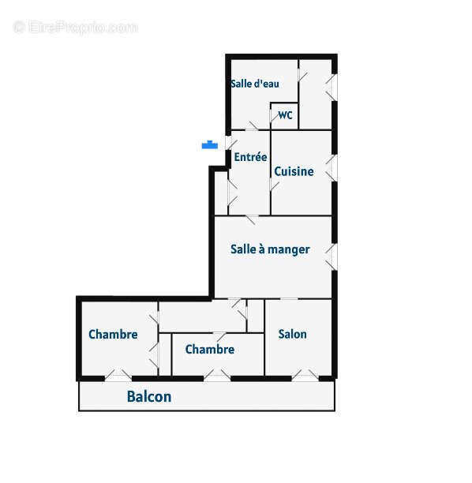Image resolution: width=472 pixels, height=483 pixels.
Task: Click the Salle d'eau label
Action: pyautogui.click(x=255, y=84)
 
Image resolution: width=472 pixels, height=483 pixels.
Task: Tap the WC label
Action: pyautogui.click(x=285, y=115)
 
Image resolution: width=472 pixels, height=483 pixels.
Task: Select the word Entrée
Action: pyautogui.click(x=250, y=156)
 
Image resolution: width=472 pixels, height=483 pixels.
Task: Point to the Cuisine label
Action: pyautogui.click(x=294, y=171)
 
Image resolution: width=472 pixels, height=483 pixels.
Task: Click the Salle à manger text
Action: pyautogui.click(x=270, y=249)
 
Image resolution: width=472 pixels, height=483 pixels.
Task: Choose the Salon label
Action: pyautogui.click(x=292, y=334)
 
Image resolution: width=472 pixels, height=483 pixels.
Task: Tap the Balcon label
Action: pyautogui.click(x=149, y=396)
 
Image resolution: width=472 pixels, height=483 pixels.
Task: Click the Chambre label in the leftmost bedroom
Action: pyautogui.click(x=113, y=334)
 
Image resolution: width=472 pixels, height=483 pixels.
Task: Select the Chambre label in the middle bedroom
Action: pyautogui.click(x=210, y=349)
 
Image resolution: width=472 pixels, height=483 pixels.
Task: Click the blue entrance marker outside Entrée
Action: pyautogui.click(x=210, y=144)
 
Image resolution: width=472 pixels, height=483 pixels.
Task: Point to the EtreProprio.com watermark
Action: pyautogui.click(x=76, y=27)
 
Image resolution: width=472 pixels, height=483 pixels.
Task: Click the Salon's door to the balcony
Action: pyautogui.click(x=305, y=376)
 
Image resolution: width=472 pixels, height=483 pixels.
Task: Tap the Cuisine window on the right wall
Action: pyautogui.click(x=332, y=168)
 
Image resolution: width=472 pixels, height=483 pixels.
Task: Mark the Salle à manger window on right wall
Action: pyautogui.click(x=332, y=257)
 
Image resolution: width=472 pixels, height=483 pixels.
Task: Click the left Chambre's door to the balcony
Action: pyautogui.click(x=118, y=376)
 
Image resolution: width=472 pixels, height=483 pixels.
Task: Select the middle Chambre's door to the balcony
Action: pyautogui.click(x=217, y=376)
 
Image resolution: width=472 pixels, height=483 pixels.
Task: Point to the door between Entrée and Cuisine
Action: pyautogui.click(x=274, y=185)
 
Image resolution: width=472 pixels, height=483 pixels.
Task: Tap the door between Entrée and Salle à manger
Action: pyautogui.click(x=252, y=219)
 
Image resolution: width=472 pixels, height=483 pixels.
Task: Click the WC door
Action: pyautogui.click(x=273, y=116)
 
